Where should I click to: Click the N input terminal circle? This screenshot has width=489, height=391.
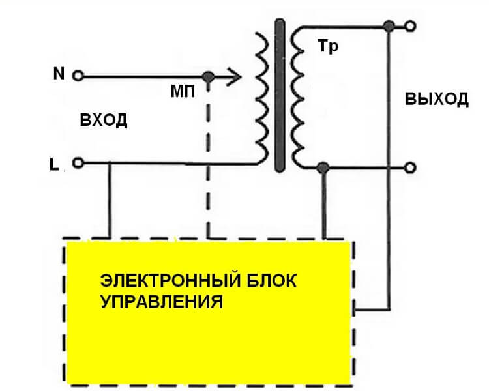coord(78,76)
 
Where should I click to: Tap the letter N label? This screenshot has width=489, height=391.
coord(59,74)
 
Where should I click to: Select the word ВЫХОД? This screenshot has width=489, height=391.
coord(437,100)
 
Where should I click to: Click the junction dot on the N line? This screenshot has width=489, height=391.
coord(209,76)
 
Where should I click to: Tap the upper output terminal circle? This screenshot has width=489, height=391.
coord(409,27)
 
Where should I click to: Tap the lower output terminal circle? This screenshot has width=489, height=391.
coord(409,167)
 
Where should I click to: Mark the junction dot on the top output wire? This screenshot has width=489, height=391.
coord(389,27)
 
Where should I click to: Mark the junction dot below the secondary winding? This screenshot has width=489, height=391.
coord(322,168)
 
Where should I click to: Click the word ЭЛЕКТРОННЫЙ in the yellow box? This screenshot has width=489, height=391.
coord(170,282)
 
